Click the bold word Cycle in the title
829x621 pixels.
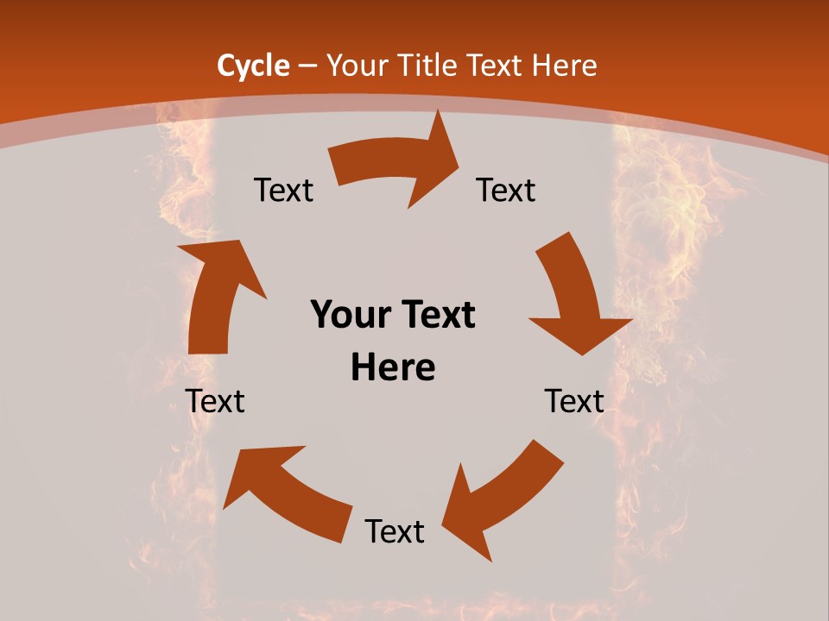coord(253,66)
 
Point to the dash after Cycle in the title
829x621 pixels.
coord(307,66)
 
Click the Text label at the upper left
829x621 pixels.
coord(283,191)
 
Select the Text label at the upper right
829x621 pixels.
coord(506,191)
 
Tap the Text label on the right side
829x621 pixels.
coord(574,401)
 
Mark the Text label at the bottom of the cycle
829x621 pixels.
coord(395,532)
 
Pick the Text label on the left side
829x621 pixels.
coord(216,401)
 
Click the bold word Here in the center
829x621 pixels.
coord(393,368)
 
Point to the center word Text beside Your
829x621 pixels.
coord(436,316)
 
